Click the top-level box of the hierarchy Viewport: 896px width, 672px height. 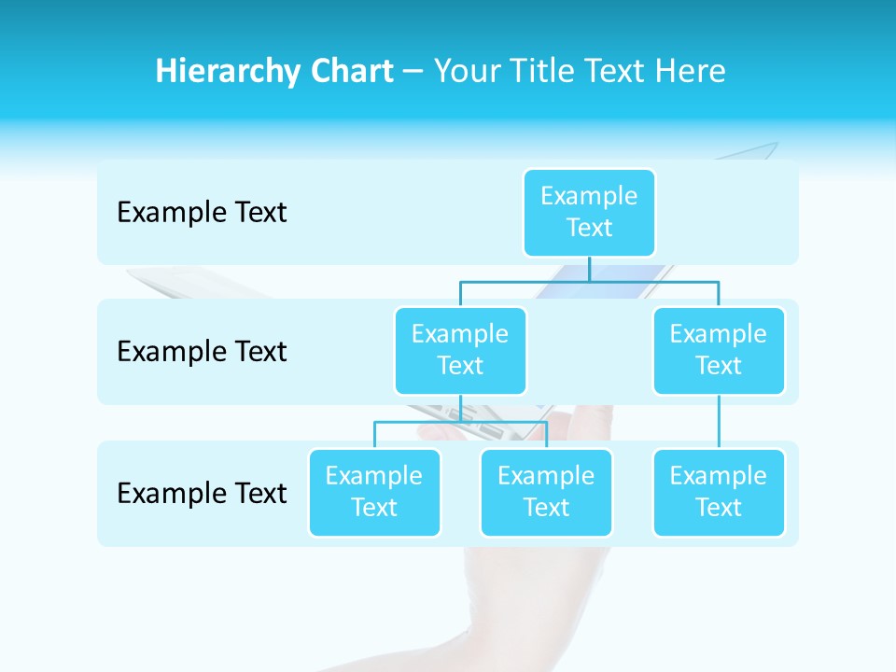(589, 213)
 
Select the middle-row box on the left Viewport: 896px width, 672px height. (460, 351)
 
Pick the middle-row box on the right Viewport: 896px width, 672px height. (719, 351)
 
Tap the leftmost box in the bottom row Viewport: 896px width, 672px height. (374, 493)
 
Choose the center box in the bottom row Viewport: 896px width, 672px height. (546, 493)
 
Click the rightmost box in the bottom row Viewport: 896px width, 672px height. (719, 493)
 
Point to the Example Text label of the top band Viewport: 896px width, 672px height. (202, 213)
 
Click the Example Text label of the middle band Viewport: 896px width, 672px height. (202, 352)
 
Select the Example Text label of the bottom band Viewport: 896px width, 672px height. (202, 493)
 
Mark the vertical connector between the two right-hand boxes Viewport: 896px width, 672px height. (719, 422)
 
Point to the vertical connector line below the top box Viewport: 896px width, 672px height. (589, 268)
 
